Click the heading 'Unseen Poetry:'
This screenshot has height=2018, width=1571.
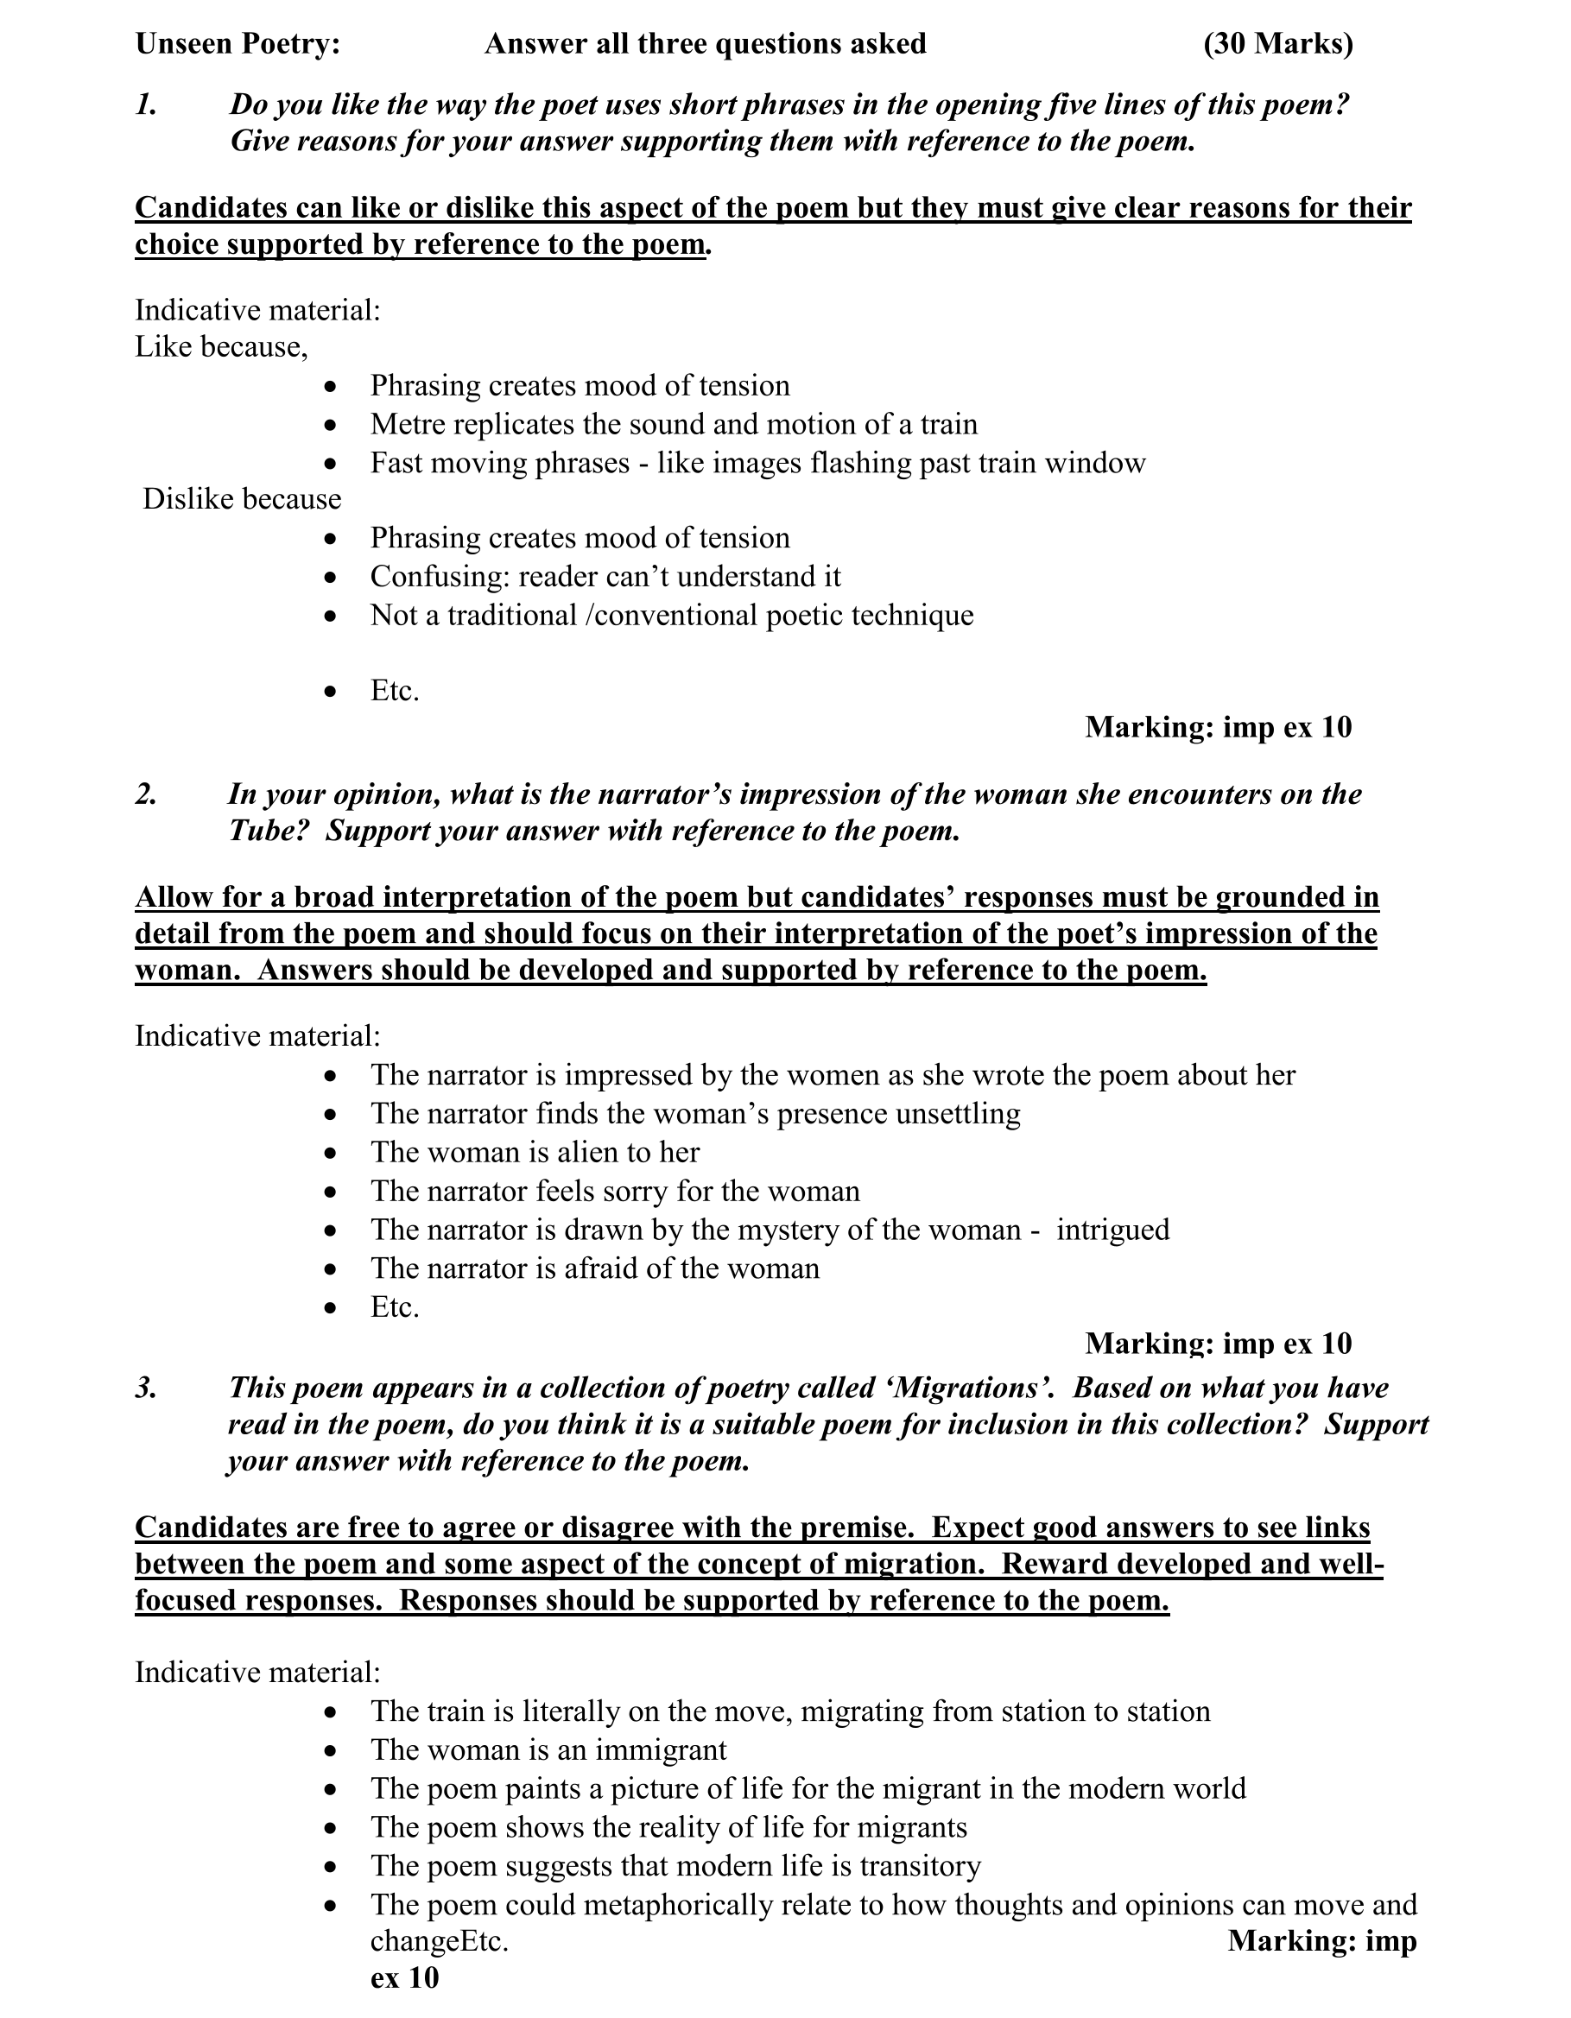[x=238, y=43]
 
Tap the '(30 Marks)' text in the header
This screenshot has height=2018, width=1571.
[x=1278, y=43]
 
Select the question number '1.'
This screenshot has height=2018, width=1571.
[x=146, y=104]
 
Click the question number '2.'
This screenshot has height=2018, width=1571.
[x=146, y=794]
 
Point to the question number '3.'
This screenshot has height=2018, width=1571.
[x=146, y=1387]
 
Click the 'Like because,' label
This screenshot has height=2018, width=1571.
[x=221, y=346]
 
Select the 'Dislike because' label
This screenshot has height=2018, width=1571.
[x=241, y=499]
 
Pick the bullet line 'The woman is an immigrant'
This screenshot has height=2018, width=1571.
[x=549, y=1749]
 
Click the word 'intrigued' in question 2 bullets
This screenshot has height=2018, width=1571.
[x=1112, y=1229]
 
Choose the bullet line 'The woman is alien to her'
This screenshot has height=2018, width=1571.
[x=535, y=1152]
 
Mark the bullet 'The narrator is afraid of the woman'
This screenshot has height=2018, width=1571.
[x=595, y=1268]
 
